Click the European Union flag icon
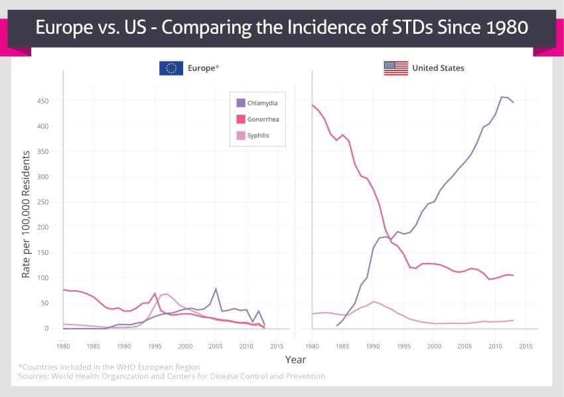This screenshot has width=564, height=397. coord(171,68)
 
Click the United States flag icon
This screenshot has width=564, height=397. coord(395,68)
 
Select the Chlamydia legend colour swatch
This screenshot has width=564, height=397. coord(241,103)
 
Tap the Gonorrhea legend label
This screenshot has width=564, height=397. coord(262,119)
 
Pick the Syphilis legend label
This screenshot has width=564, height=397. coord(258,136)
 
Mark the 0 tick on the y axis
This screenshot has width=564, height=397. coord(46,328)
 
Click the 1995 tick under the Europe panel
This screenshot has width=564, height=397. coord(155,346)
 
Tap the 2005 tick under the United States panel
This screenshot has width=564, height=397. coord(464,346)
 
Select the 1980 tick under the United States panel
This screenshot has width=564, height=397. coord(312,346)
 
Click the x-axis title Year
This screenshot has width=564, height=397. coord(295,360)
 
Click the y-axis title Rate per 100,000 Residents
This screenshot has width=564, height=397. coord(26,214)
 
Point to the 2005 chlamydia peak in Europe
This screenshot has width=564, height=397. coord(216,289)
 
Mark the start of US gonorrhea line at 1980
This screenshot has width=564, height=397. coord(313,105)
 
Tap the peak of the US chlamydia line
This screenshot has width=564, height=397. coord(502,97)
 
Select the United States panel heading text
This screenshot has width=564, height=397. coord(438,68)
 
